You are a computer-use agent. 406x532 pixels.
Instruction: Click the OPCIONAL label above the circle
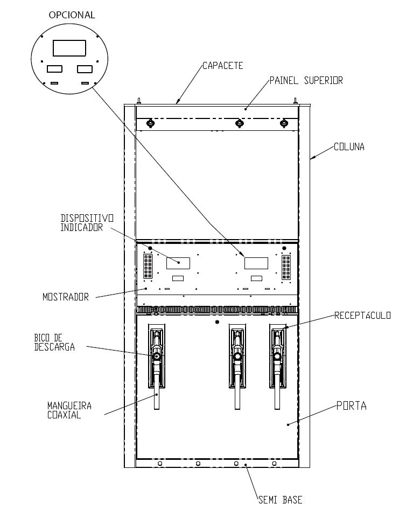tap(72, 15)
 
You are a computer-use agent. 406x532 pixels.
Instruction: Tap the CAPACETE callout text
tap(223, 66)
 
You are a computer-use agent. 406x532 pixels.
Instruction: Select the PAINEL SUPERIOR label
tap(306, 80)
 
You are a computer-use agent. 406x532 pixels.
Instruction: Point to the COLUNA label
tap(349, 146)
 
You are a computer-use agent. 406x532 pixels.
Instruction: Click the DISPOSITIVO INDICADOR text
tap(87, 222)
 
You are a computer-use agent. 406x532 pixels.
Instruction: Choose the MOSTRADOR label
tap(66, 297)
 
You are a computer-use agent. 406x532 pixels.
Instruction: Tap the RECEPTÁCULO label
tap(362, 316)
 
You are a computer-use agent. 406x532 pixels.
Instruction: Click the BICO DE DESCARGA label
tap(54, 342)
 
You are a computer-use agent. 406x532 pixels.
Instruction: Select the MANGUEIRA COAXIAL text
tap(69, 410)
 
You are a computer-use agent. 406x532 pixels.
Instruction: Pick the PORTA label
tap(352, 406)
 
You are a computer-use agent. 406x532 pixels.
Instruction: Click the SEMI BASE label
tap(280, 500)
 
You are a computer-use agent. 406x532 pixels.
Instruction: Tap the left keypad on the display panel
tap(148, 267)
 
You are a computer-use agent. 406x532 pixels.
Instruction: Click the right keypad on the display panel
tap(286, 268)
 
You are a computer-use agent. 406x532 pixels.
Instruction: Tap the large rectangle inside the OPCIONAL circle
tap(69, 48)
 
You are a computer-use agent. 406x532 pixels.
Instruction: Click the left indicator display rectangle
tap(178, 263)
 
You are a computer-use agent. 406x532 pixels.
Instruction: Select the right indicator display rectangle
tap(256, 263)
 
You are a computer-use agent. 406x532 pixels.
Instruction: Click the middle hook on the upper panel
tap(240, 123)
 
